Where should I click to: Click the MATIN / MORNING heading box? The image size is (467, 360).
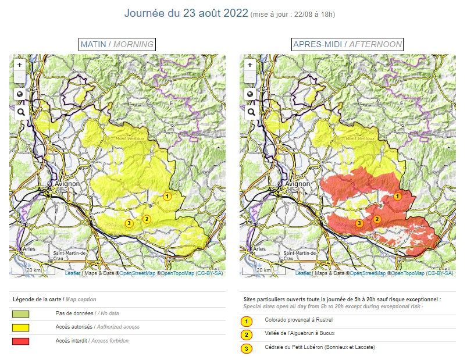[x=117, y=44]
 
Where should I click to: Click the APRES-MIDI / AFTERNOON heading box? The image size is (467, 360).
[x=347, y=44]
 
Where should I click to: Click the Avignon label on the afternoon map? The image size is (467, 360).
[x=297, y=183]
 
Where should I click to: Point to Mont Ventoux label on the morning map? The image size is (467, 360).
[x=129, y=138]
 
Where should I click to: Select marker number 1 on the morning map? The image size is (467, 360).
[x=167, y=197]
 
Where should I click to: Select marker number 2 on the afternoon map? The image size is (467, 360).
[x=377, y=219]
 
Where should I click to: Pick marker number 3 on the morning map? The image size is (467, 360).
[x=129, y=223]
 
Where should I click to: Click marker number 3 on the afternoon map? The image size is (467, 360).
[x=359, y=223]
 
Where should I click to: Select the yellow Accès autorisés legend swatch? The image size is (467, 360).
[x=21, y=327]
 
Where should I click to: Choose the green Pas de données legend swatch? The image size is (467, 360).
[x=21, y=313]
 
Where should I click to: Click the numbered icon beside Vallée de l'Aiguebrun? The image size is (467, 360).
[x=247, y=335]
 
